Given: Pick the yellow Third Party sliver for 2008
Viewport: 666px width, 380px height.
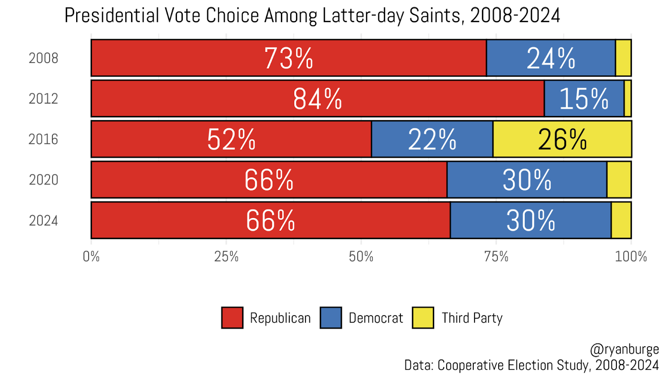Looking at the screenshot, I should click(623, 58).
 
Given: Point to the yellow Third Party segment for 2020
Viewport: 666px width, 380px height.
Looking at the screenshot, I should click(619, 180).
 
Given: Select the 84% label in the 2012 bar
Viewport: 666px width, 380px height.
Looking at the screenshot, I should click(317, 99).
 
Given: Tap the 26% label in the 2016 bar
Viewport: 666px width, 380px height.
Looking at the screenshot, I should click(562, 139).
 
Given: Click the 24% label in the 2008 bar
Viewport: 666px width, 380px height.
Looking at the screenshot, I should click(551, 58).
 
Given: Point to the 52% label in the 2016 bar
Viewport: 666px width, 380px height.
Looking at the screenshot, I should click(231, 139).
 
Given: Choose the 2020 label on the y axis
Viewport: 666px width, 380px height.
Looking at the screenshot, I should click(43, 180).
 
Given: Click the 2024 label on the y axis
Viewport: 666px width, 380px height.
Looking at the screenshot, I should click(43, 220).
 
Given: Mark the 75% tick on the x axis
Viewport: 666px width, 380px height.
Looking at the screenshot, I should click(496, 257).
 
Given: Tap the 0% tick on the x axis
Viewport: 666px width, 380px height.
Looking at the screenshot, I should click(91, 257).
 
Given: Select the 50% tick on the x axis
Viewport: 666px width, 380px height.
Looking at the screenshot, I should click(361, 257).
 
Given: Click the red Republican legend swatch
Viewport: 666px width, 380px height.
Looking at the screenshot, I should click(232, 318).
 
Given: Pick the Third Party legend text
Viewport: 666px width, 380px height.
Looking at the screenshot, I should click(472, 318).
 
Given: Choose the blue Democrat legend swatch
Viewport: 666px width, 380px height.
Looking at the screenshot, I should click(331, 318).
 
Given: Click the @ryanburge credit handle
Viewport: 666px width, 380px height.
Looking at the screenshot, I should click(624, 349).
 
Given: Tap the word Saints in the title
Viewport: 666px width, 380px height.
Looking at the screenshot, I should click(435, 16).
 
